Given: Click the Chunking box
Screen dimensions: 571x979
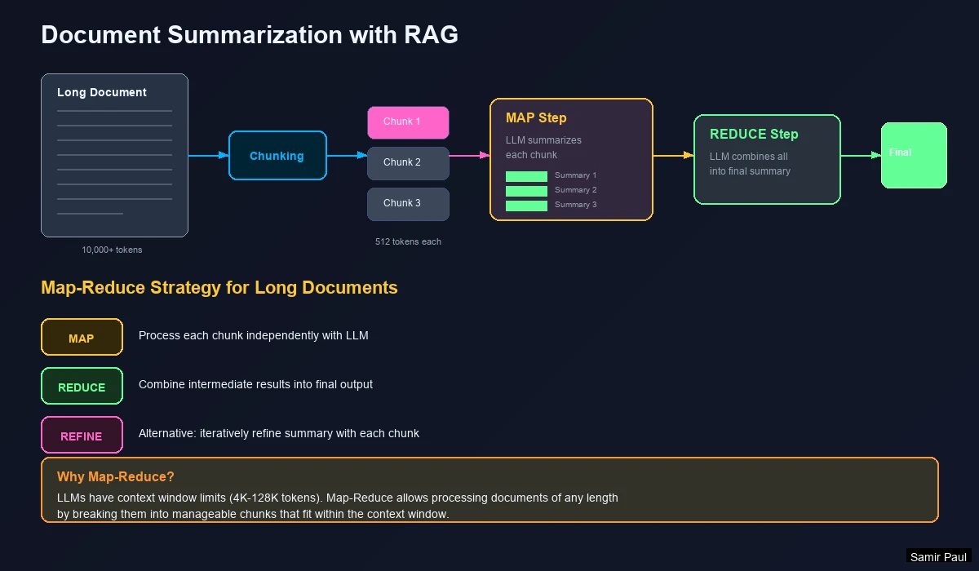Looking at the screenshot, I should pos(277,156).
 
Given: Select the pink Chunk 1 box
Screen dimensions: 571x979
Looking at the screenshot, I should pos(408,122).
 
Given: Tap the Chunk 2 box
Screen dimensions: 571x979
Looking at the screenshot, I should pos(408,163).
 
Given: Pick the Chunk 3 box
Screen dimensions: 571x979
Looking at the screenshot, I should pos(408,204).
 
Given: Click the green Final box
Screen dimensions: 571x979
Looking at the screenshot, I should pos(914,155).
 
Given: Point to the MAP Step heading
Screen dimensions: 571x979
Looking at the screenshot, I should pos(536,118).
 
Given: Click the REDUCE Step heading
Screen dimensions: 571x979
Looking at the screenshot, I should pos(754,135).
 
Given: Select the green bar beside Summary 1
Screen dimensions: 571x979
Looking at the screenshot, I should pos(526,176).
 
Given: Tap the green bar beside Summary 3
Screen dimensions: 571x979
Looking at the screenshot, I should pos(526,206).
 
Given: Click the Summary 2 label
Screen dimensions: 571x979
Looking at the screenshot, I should pos(576,190).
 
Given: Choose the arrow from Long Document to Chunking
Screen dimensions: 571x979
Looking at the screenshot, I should pos(208,155).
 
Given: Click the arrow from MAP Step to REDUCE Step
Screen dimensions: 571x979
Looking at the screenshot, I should pos(673,155).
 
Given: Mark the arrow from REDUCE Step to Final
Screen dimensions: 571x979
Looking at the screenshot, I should pos(861,155).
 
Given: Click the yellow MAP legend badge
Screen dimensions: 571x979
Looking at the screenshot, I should pos(82,338).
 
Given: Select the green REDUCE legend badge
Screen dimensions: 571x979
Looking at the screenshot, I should pos(82,387).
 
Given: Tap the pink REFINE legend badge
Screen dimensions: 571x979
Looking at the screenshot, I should pos(82,436).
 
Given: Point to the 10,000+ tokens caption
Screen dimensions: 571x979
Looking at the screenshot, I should pos(112,250).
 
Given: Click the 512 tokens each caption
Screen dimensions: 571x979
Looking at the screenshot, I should pos(408,241).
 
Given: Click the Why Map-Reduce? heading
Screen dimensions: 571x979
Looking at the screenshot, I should pos(116,477).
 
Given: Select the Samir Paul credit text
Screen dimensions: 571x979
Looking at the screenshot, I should pos(938,557).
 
